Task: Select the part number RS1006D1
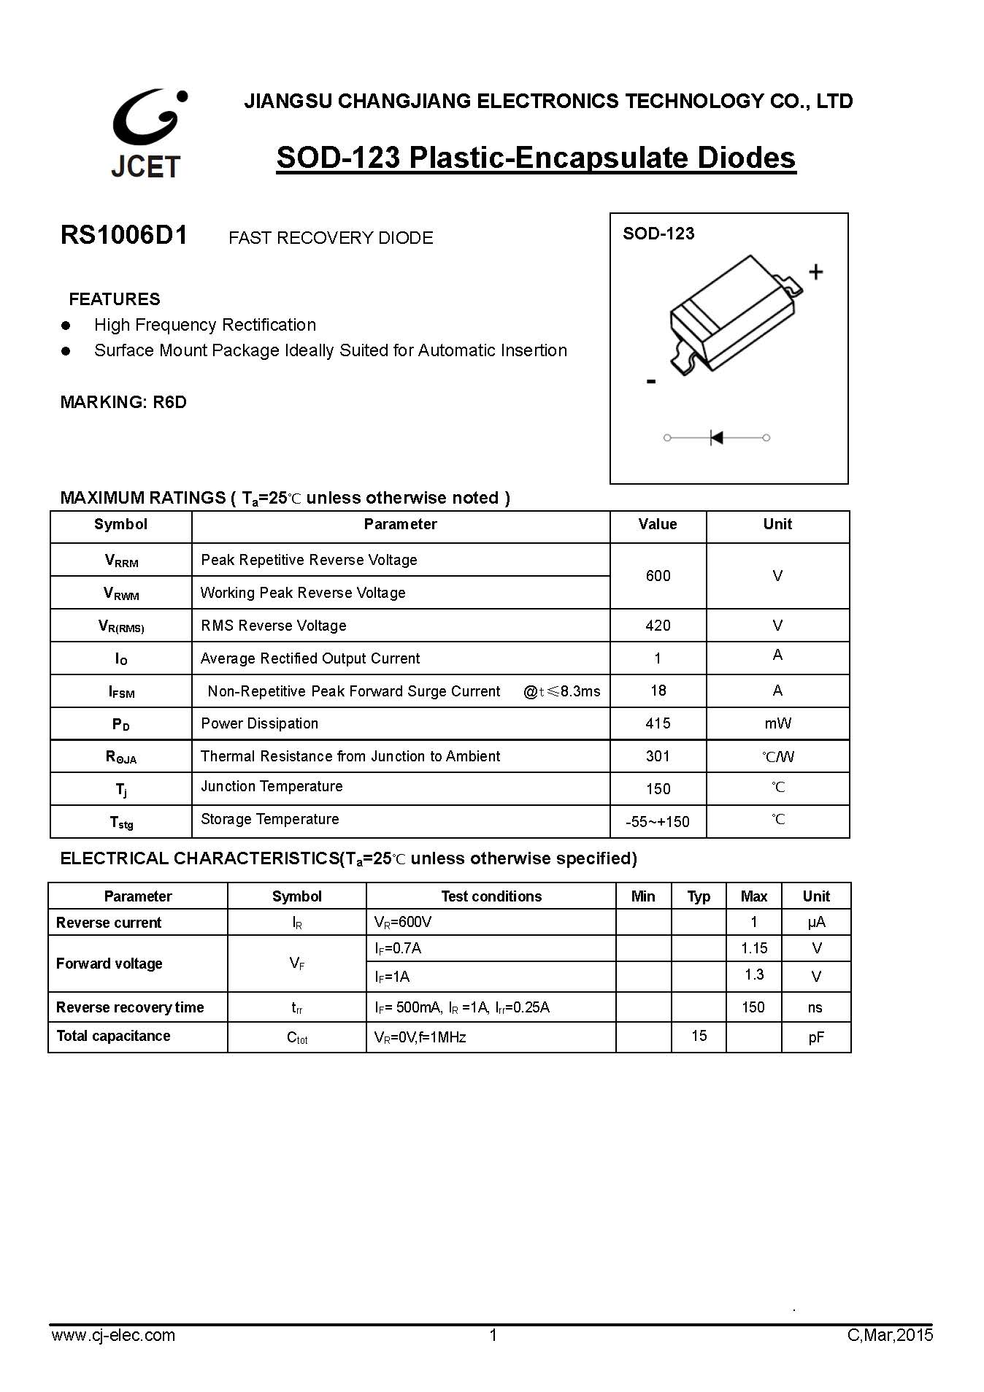pyautogui.click(x=124, y=235)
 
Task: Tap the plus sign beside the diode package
pyautogui.click(x=816, y=272)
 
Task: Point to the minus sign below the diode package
pyautogui.click(x=651, y=381)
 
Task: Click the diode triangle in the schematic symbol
pyautogui.click(x=717, y=437)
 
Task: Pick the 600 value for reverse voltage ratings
pyautogui.click(x=658, y=576)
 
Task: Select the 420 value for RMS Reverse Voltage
pyautogui.click(x=658, y=626)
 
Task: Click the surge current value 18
pyautogui.click(x=658, y=691)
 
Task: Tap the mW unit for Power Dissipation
pyautogui.click(x=777, y=723)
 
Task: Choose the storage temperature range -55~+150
pyautogui.click(x=658, y=822)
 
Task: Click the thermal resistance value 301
pyautogui.click(x=658, y=756)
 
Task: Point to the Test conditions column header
pyautogui.click(x=491, y=896)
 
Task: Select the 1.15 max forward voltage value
pyautogui.click(x=754, y=948)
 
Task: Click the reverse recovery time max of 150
pyautogui.click(x=753, y=1007)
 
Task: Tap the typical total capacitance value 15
pyautogui.click(x=699, y=1036)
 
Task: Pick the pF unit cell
pyautogui.click(x=816, y=1037)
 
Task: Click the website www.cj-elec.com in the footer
pyautogui.click(x=113, y=1335)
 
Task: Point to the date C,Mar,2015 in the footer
pyautogui.click(x=890, y=1335)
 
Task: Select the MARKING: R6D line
pyautogui.click(x=123, y=402)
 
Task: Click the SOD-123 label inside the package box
pyautogui.click(x=658, y=234)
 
